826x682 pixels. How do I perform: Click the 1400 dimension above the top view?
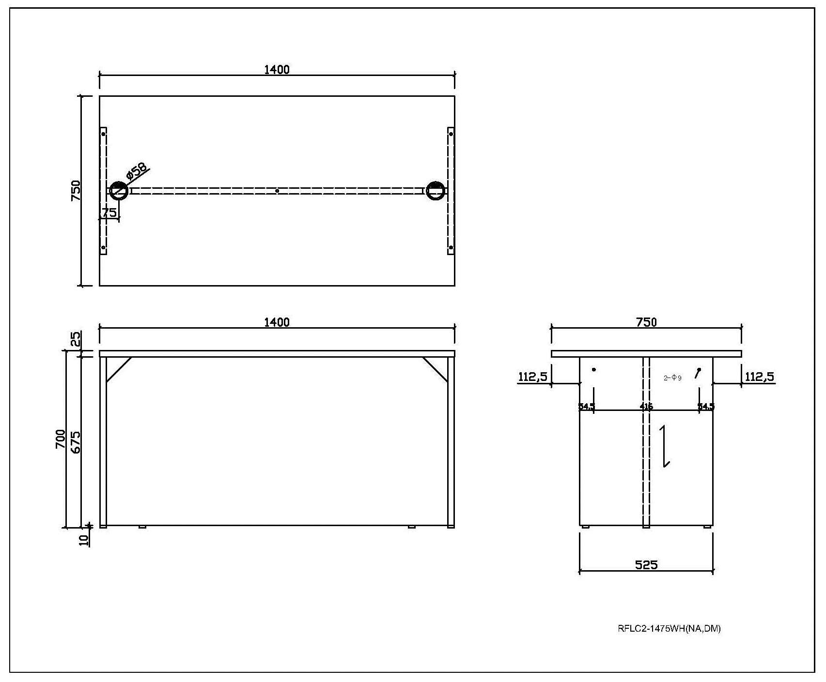pos(277,70)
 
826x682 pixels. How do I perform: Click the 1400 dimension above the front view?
pos(277,322)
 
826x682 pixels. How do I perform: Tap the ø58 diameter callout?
pos(136,171)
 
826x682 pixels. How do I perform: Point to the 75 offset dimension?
pos(109,212)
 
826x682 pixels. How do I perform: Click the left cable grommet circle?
pos(119,191)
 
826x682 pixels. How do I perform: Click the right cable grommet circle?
pos(436,191)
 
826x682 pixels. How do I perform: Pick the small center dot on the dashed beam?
pos(277,191)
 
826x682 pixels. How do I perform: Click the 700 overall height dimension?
pos(61,439)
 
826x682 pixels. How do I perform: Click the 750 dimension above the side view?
pos(647,322)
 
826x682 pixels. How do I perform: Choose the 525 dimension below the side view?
pos(646,564)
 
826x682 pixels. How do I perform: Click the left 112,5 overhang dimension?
pos(533,377)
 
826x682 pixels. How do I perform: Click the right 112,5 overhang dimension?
pos(759,377)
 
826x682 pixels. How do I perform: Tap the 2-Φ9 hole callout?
pos(672,378)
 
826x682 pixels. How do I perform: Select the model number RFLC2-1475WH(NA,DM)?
pos(669,629)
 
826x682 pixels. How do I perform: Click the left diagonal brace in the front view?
pos(119,370)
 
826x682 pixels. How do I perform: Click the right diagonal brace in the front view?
pos(435,370)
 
